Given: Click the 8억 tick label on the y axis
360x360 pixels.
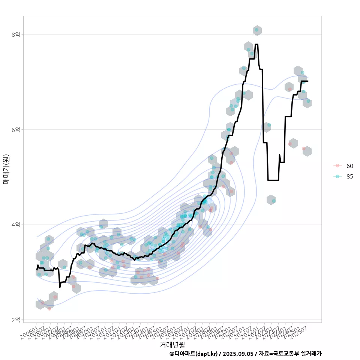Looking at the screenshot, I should click(15, 34).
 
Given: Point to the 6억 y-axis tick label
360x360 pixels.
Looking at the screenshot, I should click(15, 130).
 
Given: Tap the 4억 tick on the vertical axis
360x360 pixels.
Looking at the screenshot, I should click(15, 225).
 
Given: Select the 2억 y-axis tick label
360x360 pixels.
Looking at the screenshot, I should click(15, 320).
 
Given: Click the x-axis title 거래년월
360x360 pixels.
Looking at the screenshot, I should click(172, 344).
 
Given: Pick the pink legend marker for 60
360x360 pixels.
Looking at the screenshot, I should click(337, 166).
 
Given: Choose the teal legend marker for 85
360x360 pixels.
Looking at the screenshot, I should click(337, 176).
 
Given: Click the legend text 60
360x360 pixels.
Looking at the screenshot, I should click(350, 166).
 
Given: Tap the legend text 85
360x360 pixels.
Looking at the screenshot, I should click(350, 176).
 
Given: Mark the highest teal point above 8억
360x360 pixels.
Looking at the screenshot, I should click(256, 30).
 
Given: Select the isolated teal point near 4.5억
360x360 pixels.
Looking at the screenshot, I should click(274, 201).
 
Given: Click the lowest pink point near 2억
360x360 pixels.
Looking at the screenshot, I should click(49, 308).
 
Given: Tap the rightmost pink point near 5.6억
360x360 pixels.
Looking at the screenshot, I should click(304, 149).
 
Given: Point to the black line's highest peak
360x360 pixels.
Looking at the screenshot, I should click(256, 44).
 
